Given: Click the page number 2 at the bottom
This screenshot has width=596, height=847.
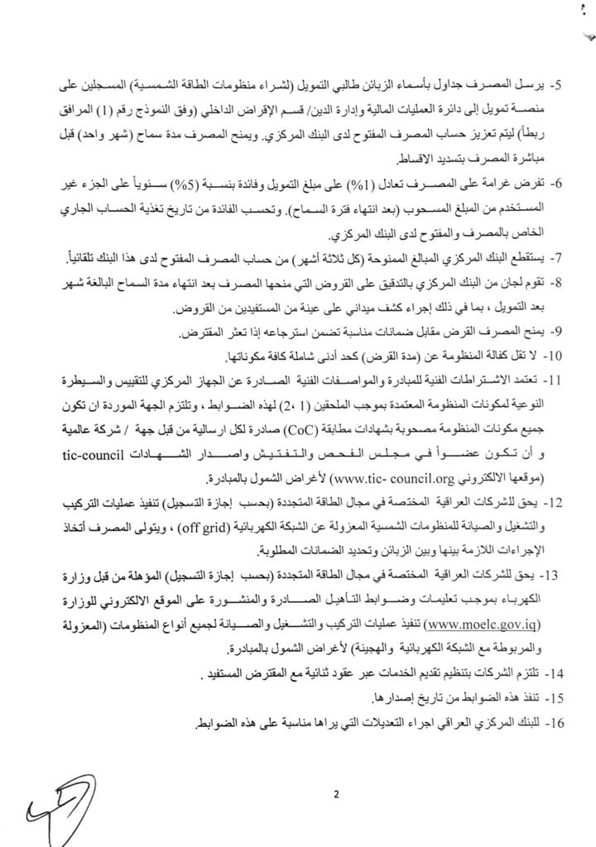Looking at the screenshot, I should [337, 796].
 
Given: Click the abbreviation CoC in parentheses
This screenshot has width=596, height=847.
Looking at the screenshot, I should [306, 430].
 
